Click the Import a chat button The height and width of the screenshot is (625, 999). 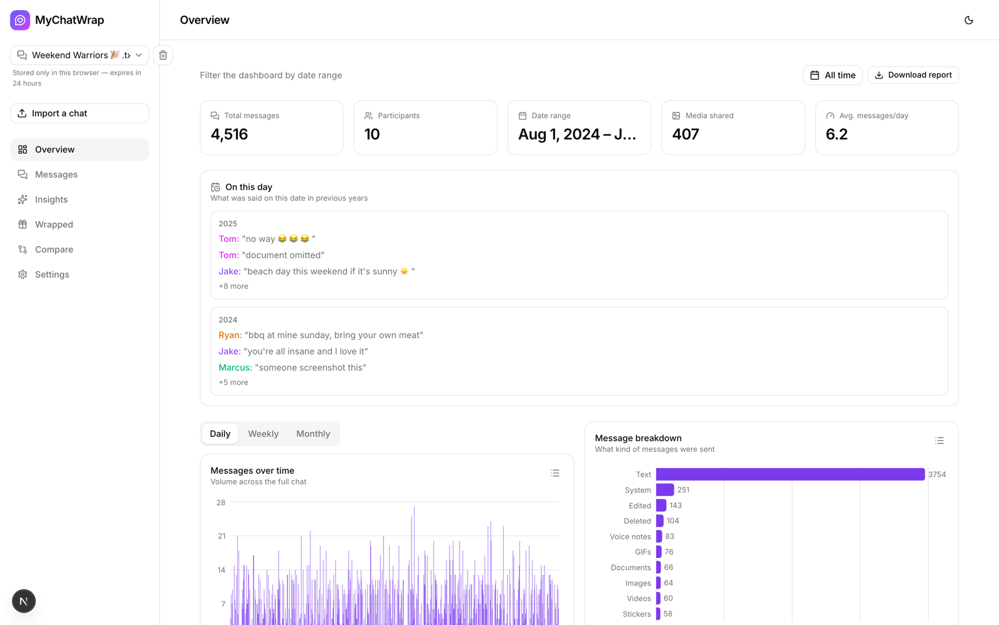(x=79, y=113)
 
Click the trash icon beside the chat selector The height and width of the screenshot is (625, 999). (x=163, y=55)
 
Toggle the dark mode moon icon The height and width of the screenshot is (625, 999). (x=968, y=20)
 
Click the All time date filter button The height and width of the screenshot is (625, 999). (x=833, y=75)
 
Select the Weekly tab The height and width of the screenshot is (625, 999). (x=263, y=434)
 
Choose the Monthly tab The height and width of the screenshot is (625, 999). (x=313, y=434)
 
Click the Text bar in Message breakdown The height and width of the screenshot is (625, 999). (x=790, y=474)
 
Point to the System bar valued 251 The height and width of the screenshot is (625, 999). (x=665, y=490)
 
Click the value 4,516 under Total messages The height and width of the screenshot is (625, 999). (x=229, y=134)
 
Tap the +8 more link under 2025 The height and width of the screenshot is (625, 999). (x=234, y=286)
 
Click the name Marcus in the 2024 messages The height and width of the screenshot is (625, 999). (x=235, y=367)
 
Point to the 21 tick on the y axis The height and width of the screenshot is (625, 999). (x=222, y=536)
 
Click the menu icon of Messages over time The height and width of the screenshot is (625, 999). (x=555, y=473)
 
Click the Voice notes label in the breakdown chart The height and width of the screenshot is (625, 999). (x=630, y=537)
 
